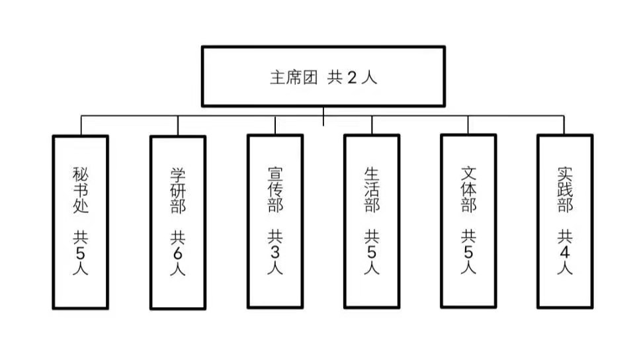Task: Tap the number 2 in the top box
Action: tap(352, 77)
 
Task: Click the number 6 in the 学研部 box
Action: tap(177, 255)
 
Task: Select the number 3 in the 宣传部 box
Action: tap(275, 253)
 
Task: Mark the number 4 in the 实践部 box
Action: tap(565, 253)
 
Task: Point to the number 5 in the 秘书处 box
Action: tap(80, 253)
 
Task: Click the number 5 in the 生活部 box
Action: tap(372, 253)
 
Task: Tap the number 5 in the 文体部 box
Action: tap(468, 253)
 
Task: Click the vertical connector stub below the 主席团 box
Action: tap(323, 116)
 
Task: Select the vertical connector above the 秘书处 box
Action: tap(81, 126)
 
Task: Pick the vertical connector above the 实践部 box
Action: tap(564, 126)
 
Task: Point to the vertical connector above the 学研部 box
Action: tap(177, 126)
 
